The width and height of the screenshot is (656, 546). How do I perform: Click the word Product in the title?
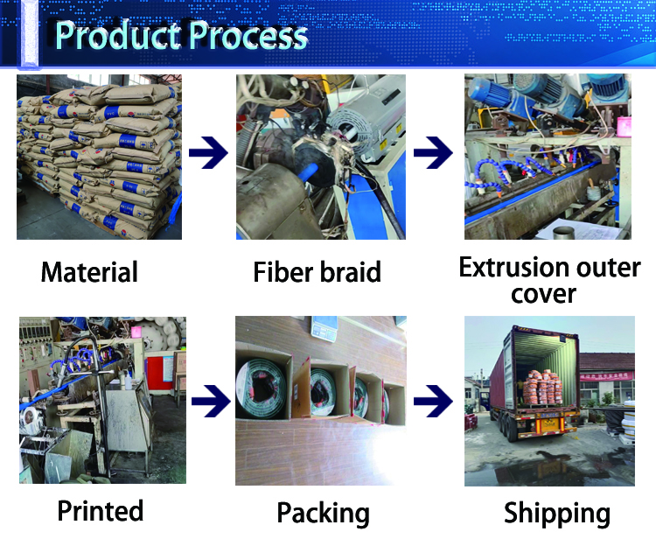click(119, 35)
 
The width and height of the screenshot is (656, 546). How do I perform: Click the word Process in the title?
click(248, 35)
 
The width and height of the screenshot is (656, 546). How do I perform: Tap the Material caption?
click(89, 272)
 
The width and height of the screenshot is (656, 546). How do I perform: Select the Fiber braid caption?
click(318, 272)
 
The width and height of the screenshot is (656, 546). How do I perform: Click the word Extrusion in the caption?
click(513, 267)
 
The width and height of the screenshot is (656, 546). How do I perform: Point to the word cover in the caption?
click(543, 294)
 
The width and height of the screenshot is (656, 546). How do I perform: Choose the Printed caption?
click(101, 510)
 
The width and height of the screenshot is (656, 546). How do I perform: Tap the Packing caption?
click(323, 514)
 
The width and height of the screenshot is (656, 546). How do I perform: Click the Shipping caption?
click(557, 514)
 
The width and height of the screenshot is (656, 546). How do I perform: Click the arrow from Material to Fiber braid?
click(208, 152)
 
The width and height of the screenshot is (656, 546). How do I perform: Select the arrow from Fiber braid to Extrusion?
click(433, 152)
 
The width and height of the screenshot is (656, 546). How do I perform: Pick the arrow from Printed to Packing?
click(211, 402)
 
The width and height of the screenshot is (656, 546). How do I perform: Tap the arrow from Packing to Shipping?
click(433, 402)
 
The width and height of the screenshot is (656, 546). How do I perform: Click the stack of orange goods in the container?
click(542, 387)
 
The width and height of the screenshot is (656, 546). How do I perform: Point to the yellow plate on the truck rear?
click(550, 424)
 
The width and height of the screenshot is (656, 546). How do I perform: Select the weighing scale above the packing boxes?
click(324, 328)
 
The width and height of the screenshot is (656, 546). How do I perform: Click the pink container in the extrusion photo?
click(624, 127)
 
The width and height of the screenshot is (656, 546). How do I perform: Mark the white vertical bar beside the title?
click(29, 33)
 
